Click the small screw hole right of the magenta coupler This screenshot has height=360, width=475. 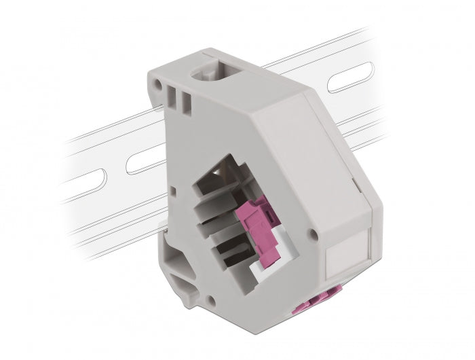311,234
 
